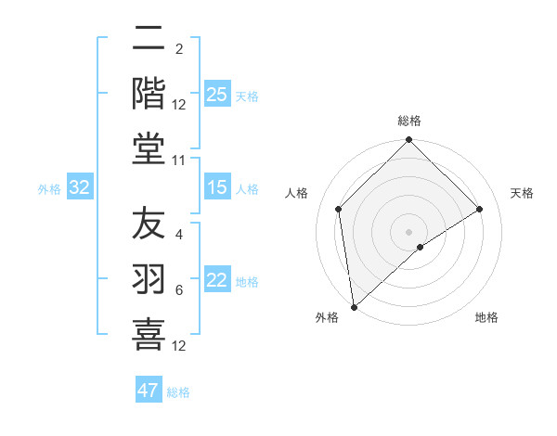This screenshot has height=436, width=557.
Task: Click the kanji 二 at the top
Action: (149, 39)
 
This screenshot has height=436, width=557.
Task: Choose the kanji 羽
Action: (149, 280)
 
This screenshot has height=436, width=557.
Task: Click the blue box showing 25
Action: (217, 95)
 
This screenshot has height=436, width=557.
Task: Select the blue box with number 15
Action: (217, 188)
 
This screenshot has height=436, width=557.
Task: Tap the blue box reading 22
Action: (217, 281)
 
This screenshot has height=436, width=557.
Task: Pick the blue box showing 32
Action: (80, 188)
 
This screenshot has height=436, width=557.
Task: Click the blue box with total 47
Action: (149, 391)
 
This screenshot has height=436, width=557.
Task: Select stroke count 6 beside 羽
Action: (179, 290)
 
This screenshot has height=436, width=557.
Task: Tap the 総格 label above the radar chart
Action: (409, 121)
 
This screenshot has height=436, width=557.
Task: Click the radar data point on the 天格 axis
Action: (480, 209)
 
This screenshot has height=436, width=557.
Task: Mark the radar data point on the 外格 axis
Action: (354, 307)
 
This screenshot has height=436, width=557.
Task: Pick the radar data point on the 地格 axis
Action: (421, 247)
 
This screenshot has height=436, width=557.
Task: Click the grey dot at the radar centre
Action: (409, 231)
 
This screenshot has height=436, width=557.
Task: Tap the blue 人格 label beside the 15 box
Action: (247, 189)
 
